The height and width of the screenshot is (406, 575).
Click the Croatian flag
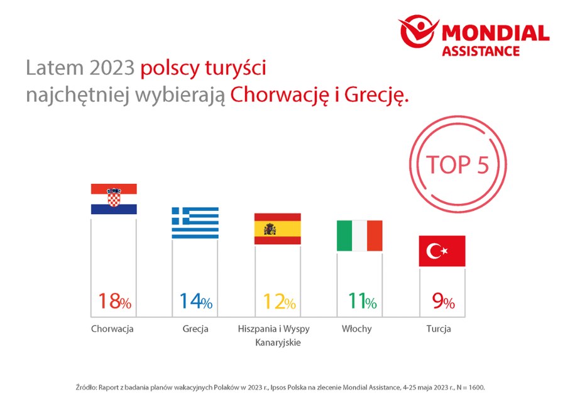(114, 199)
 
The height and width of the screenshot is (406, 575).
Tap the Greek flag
(195, 223)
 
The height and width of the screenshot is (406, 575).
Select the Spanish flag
(277, 228)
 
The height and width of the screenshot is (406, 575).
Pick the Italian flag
(359, 235)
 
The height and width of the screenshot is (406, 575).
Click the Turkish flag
(442, 251)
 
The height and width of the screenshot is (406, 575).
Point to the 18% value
(114, 301)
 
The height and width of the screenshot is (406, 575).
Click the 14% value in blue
(195, 301)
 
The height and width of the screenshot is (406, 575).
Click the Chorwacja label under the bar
(112, 329)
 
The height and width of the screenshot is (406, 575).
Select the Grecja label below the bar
(195, 329)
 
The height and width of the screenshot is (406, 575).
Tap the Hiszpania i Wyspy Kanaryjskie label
(274, 336)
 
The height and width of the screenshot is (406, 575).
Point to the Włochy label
(356, 329)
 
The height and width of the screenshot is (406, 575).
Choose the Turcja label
(439, 329)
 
